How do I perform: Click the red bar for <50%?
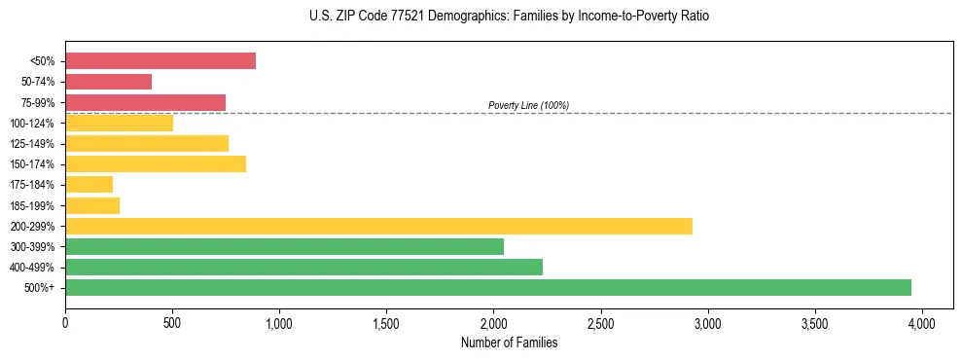point(160,61)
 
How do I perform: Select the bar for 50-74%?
point(108,82)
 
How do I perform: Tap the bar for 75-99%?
point(145,102)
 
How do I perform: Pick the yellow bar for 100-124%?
point(119,123)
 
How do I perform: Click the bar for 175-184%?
point(89,184)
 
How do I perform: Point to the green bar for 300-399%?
point(284,246)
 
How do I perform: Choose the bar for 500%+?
point(487,287)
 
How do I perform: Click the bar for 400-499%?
point(303,267)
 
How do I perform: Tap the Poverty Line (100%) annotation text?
point(528,105)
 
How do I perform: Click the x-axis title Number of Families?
point(509,342)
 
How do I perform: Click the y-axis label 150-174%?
point(32,164)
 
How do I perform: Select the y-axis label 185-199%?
point(32,205)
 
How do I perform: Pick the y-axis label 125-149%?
point(32,144)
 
